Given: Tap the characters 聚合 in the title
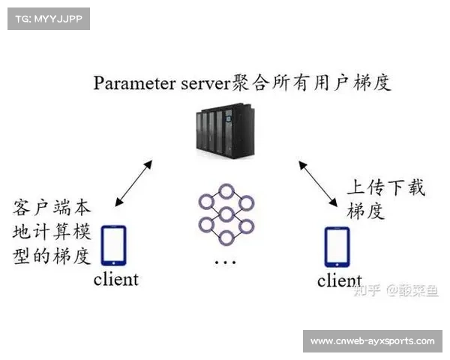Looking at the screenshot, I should tap(251, 82).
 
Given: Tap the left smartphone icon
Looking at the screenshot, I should tap(113, 245).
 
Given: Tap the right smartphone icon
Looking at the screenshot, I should tap(337, 247).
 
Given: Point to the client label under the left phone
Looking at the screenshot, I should tap(115, 280).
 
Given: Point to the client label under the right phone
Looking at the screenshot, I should tap(339, 281).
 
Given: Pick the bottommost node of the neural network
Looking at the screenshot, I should tap(226, 238).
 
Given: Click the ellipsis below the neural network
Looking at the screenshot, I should tap(225, 262).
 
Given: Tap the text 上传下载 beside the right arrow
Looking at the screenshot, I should tap(385, 187).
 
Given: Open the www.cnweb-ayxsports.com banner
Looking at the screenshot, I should tap(372, 341).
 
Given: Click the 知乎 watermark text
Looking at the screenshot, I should tap(367, 290).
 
